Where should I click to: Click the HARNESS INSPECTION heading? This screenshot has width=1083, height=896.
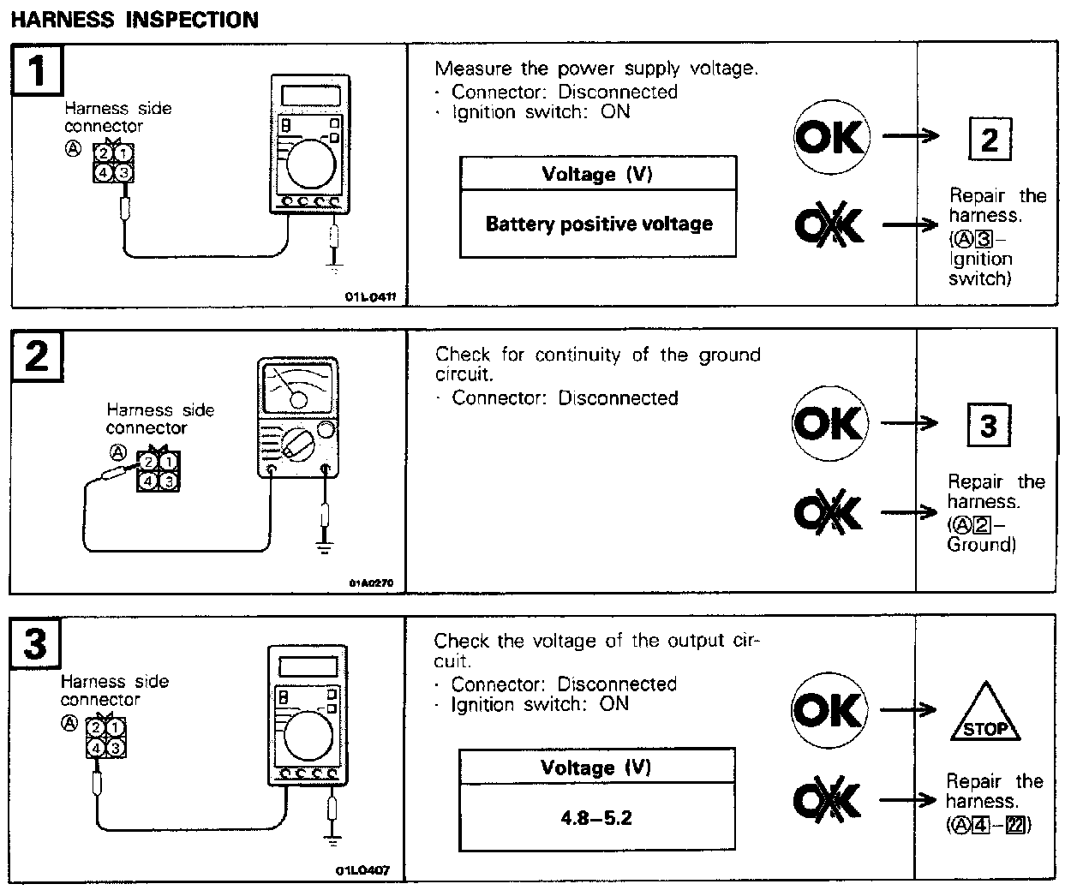pos(134,19)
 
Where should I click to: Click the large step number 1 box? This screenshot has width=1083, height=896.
pos(37,69)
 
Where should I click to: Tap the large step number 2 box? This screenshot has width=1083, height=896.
pos(37,355)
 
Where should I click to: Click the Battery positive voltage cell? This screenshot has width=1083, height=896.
pos(598,224)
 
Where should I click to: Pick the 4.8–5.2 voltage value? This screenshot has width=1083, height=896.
pos(596,817)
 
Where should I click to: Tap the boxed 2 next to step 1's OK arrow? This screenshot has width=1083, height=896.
pos(989,139)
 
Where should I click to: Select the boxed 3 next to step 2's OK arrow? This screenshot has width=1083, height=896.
pos(988,425)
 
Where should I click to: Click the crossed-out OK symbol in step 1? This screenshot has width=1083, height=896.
pos(828,225)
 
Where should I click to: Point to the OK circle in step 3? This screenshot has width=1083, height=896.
pos(829,710)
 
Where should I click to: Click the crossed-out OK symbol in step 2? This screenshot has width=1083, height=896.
pos(828,512)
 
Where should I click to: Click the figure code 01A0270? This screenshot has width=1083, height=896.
pos(371,583)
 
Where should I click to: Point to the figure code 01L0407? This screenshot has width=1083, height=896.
pos(362,870)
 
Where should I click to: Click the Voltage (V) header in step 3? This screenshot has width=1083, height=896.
pos(596,768)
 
